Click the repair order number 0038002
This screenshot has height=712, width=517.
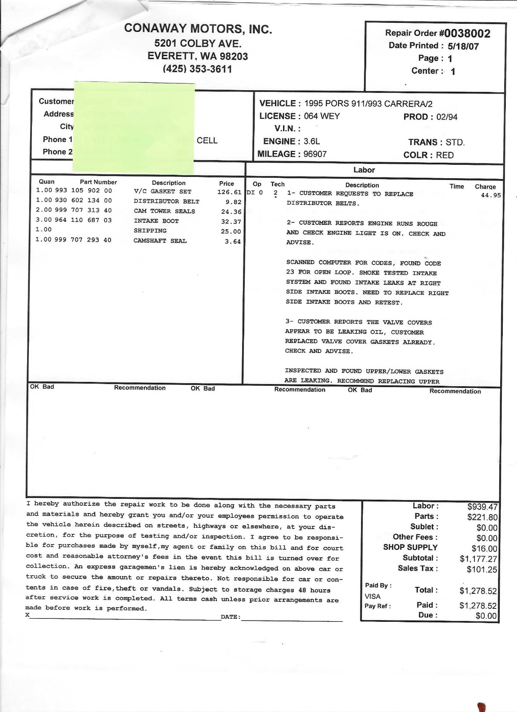tap(467, 33)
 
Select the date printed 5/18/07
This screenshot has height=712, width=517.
tap(463, 46)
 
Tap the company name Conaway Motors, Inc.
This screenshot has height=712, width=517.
tap(198, 29)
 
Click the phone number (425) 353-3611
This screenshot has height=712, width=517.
tap(197, 69)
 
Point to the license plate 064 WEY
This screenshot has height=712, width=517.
tap(322, 116)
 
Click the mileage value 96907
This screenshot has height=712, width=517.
tap(315, 154)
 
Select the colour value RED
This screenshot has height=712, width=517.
tap(445, 155)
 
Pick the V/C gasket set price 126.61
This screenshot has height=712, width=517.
tap(229, 192)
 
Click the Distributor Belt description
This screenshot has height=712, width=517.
tap(166, 202)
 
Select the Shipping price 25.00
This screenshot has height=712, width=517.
tap(231, 232)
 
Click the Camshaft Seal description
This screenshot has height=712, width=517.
tap(160, 241)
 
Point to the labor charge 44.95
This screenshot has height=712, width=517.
tap(491, 195)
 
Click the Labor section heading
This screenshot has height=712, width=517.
tap(364, 170)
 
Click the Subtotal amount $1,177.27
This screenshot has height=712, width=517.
tap(478, 559)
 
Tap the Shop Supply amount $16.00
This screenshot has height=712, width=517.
tap(484, 549)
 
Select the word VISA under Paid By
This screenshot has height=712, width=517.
tap(373, 596)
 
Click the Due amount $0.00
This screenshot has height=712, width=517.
tap(486, 616)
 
